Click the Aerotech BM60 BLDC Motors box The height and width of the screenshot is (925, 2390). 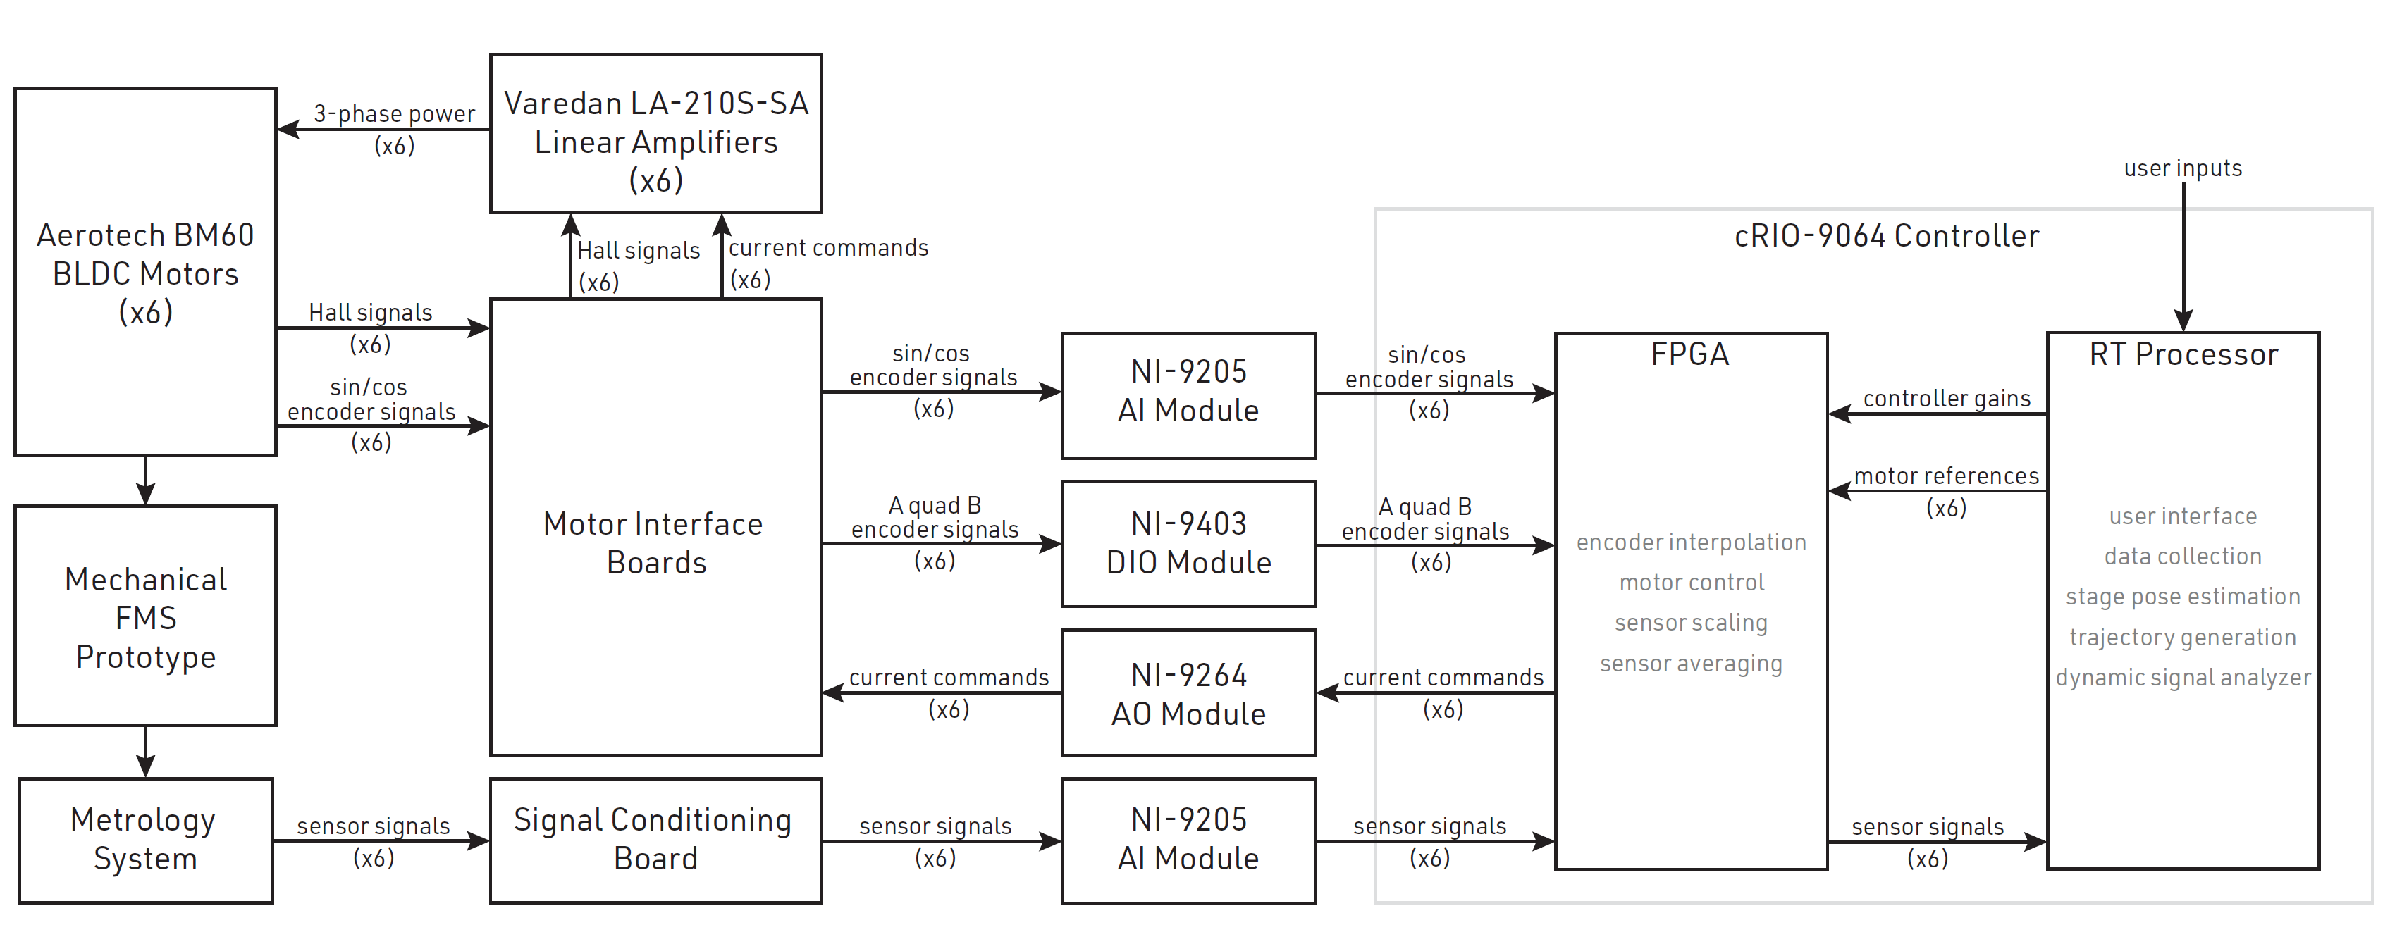click(146, 272)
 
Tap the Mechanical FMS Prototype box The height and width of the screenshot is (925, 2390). click(146, 616)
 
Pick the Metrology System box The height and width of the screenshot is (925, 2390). click(146, 840)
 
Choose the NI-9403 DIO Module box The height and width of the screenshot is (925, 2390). click(1188, 544)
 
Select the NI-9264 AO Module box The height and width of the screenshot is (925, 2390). click(1188, 693)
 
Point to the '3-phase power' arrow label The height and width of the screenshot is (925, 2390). click(394, 114)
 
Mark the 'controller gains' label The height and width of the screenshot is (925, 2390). click(1947, 399)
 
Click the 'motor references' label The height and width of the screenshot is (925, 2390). click(1947, 477)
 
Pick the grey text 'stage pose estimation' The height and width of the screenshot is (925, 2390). click(2182, 597)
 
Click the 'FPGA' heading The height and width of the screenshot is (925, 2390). click(1689, 354)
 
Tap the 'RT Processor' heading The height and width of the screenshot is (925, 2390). click(2183, 354)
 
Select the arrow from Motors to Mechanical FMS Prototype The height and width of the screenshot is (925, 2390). click(146, 480)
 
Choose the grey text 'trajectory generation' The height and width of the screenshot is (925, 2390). click(2182, 638)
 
